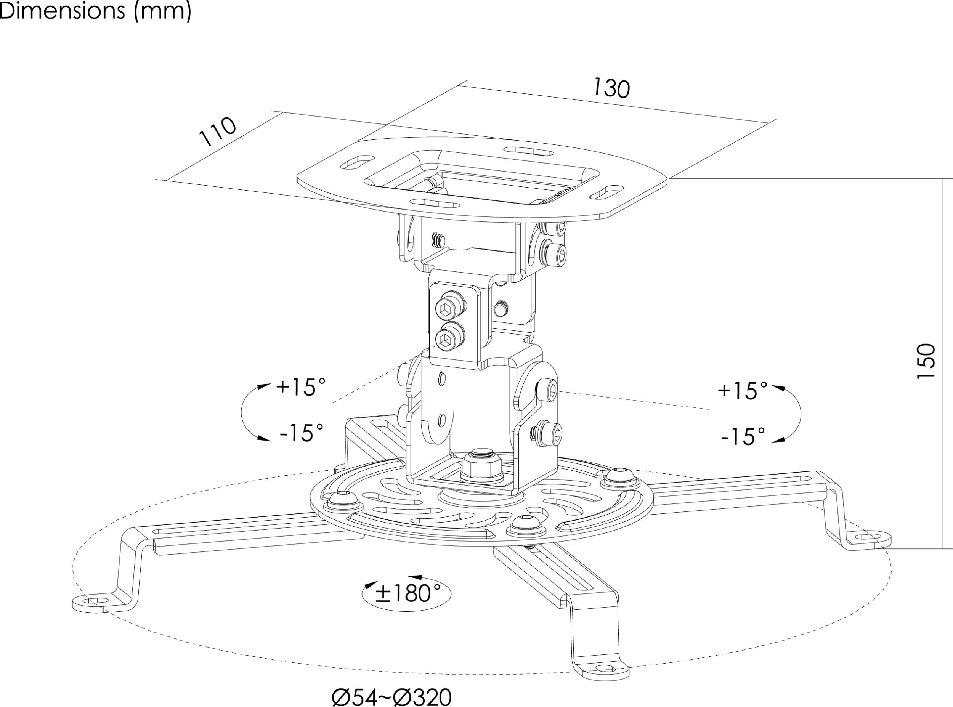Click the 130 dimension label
click(x=611, y=88)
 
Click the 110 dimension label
click(x=218, y=131)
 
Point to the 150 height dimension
click(x=926, y=361)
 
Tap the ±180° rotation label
click(x=408, y=593)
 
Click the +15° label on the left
click(x=301, y=387)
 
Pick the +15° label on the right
click(x=743, y=390)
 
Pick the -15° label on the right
click(x=743, y=436)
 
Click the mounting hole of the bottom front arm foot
click(x=604, y=669)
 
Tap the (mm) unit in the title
click(x=163, y=11)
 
